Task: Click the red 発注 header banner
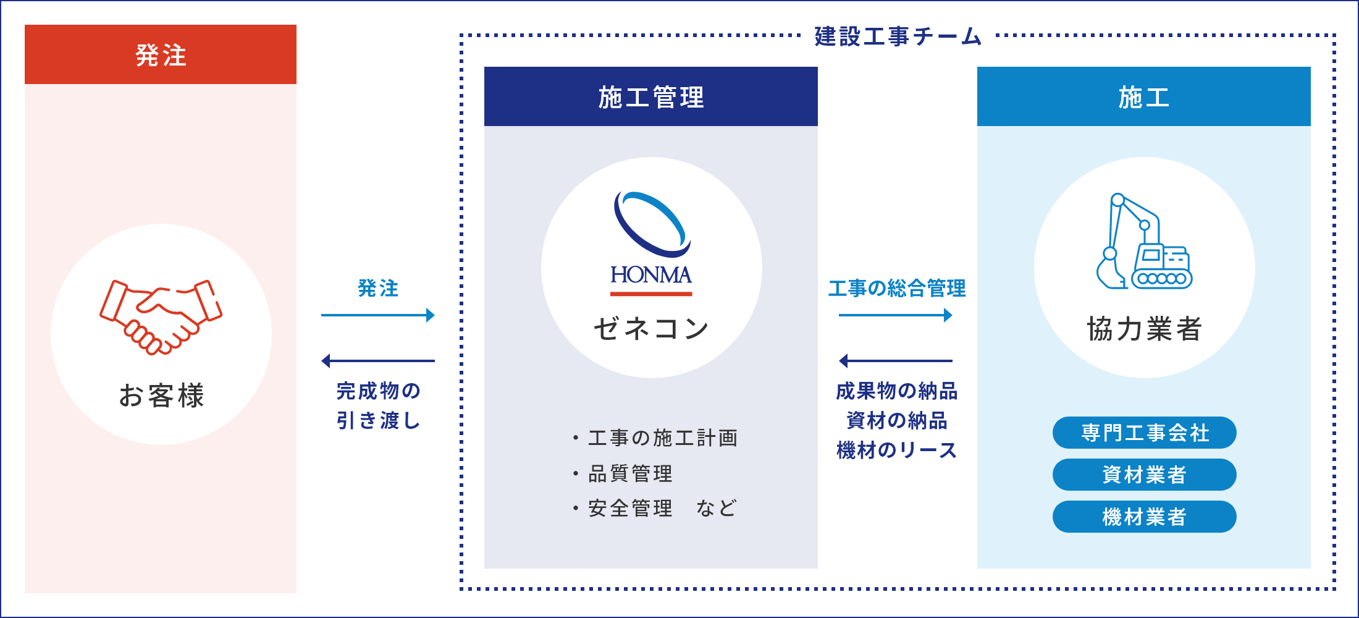(161, 54)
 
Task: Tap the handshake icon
(161, 317)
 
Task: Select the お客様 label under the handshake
(161, 396)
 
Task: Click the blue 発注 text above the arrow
(378, 288)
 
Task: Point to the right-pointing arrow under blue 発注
(378, 315)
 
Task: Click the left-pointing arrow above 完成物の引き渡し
(378, 361)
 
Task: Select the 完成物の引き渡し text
(378, 405)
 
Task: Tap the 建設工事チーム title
(898, 36)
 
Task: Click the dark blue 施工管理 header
(651, 96)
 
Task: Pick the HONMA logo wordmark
(651, 274)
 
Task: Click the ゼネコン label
(651, 328)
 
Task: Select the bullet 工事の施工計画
(655, 438)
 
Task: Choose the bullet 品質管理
(622, 473)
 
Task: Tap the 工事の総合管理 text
(897, 288)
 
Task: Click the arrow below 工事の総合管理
(896, 315)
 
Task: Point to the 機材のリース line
(897, 450)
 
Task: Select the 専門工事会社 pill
(1145, 433)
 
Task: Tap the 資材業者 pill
(1145, 475)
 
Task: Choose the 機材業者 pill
(1145, 517)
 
